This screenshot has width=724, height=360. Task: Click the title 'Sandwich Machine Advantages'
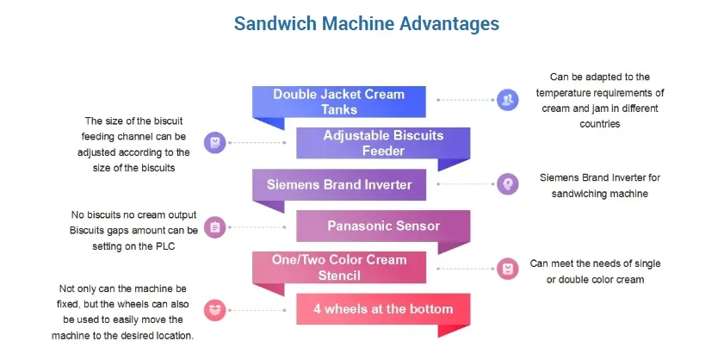tap(367, 23)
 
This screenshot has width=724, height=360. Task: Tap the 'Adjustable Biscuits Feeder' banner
tap(383, 143)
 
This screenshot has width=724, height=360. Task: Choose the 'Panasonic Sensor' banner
tap(383, 226)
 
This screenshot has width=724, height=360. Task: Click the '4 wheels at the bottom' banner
tap(383, 307)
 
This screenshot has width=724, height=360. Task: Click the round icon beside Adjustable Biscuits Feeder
tap(214, 142)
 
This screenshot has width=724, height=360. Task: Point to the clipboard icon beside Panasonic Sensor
tap(214, 227)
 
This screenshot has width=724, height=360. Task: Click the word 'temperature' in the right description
tap(563, 92)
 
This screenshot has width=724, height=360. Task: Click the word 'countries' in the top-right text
tap(599, 124)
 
